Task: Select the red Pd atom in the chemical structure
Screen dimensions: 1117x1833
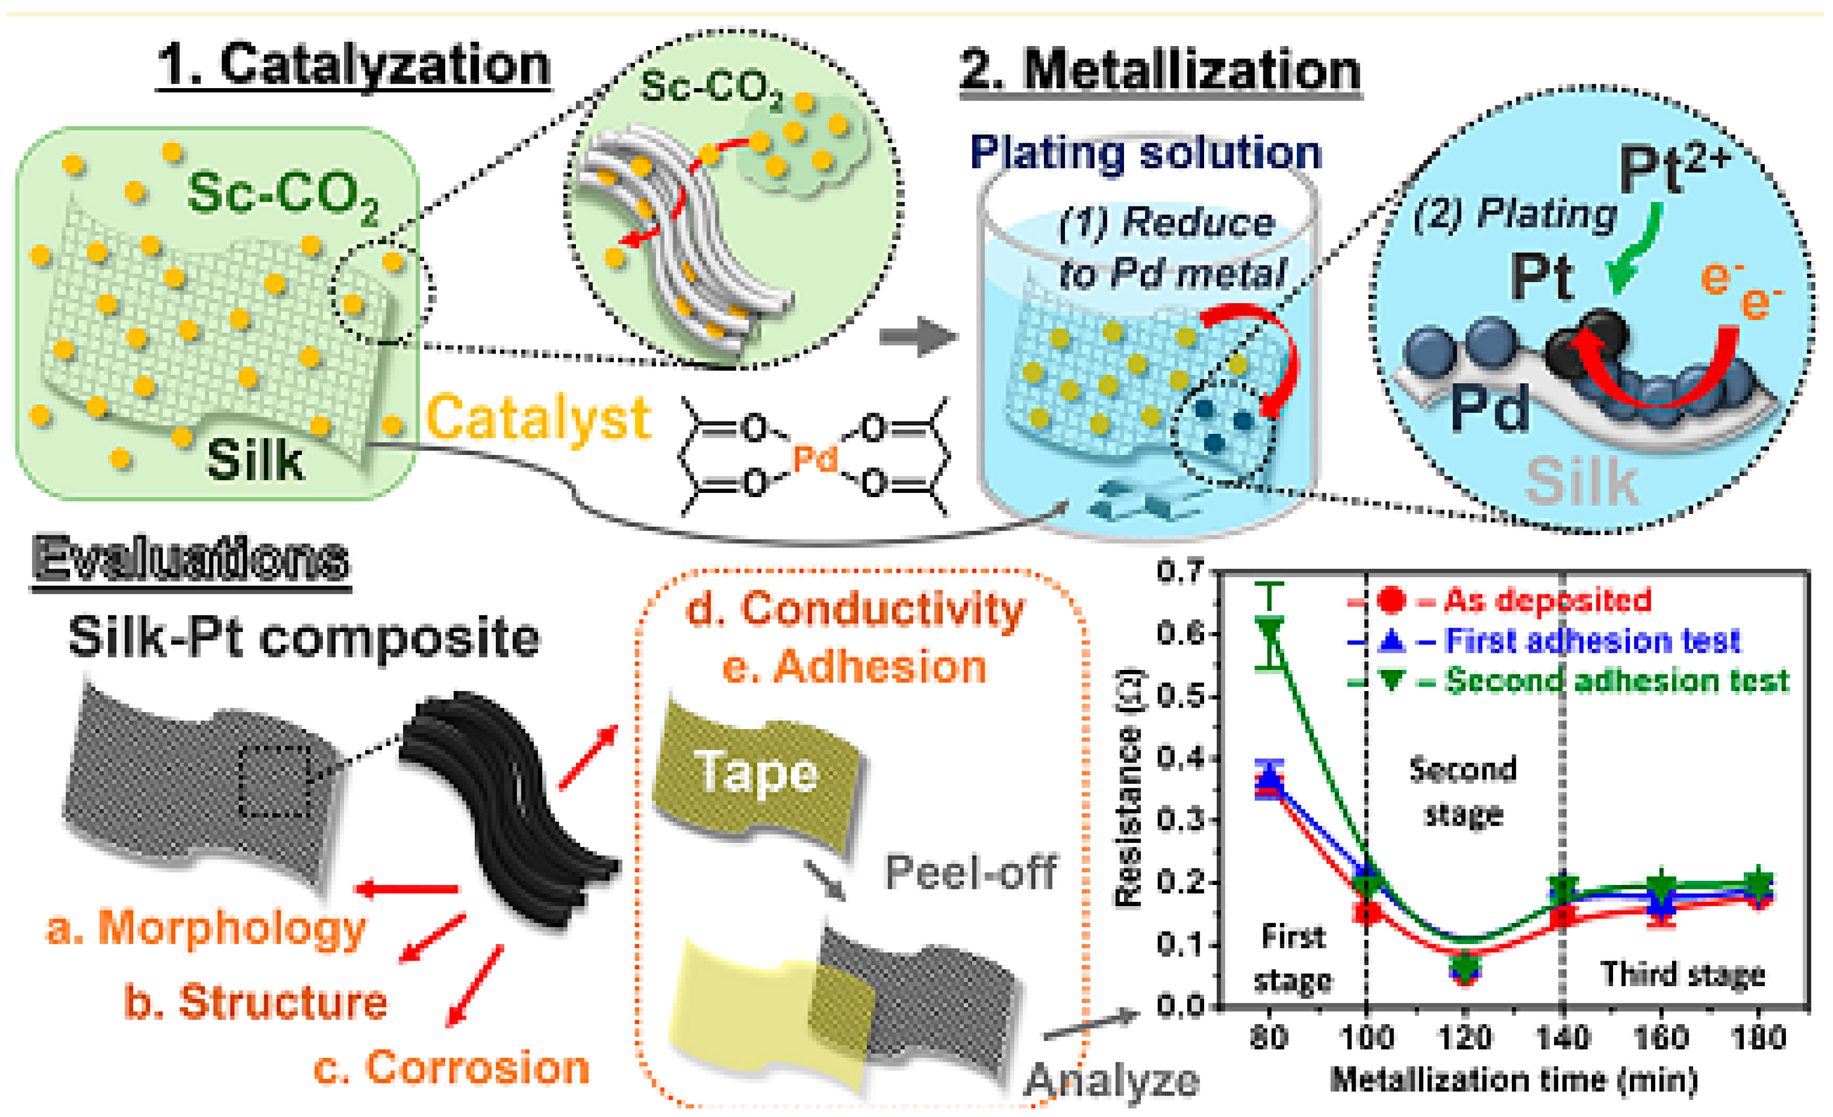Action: coord(815,458)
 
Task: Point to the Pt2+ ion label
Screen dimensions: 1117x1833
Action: coord(1674,169)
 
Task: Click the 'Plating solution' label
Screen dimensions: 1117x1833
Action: coord(1146,154)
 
